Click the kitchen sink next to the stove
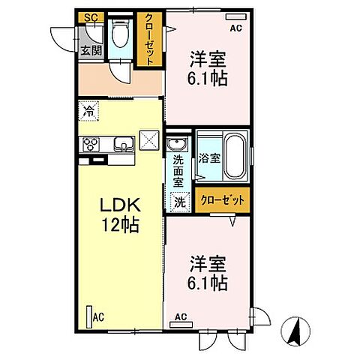pyautogui.click(x=121, y=143)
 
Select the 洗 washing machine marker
pyautogui.click(x=180, y=200)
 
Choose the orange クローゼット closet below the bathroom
pyautogui.click(x=224, y=200)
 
